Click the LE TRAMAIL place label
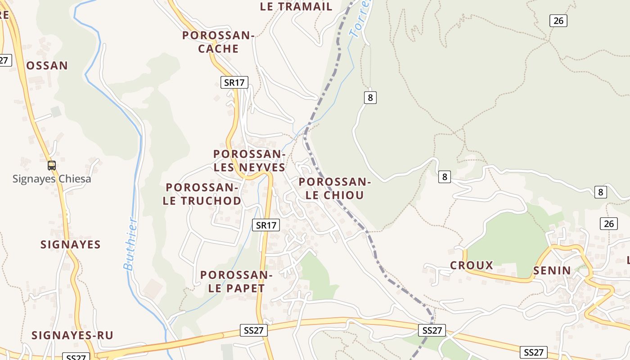click(296, 7)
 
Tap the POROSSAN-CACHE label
click(218, 42)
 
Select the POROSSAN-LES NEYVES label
click(249, 161)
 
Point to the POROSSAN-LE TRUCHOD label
click(202, 194)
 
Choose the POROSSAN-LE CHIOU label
click(334, 189)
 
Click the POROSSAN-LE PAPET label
click(236, 282)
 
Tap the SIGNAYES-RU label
click(72, 335)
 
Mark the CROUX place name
click(472, 265)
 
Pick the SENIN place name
click(552, 270)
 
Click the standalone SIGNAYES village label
click(71, 244)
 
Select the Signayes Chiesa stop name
click(52, 179)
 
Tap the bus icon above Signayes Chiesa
click(52, 165)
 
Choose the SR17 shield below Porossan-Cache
click(234, 82)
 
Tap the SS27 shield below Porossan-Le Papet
click(254, 330)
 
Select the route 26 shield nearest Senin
click(608, 224)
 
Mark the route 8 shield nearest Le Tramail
click(370, 97)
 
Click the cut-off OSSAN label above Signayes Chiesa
click(47, 66)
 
